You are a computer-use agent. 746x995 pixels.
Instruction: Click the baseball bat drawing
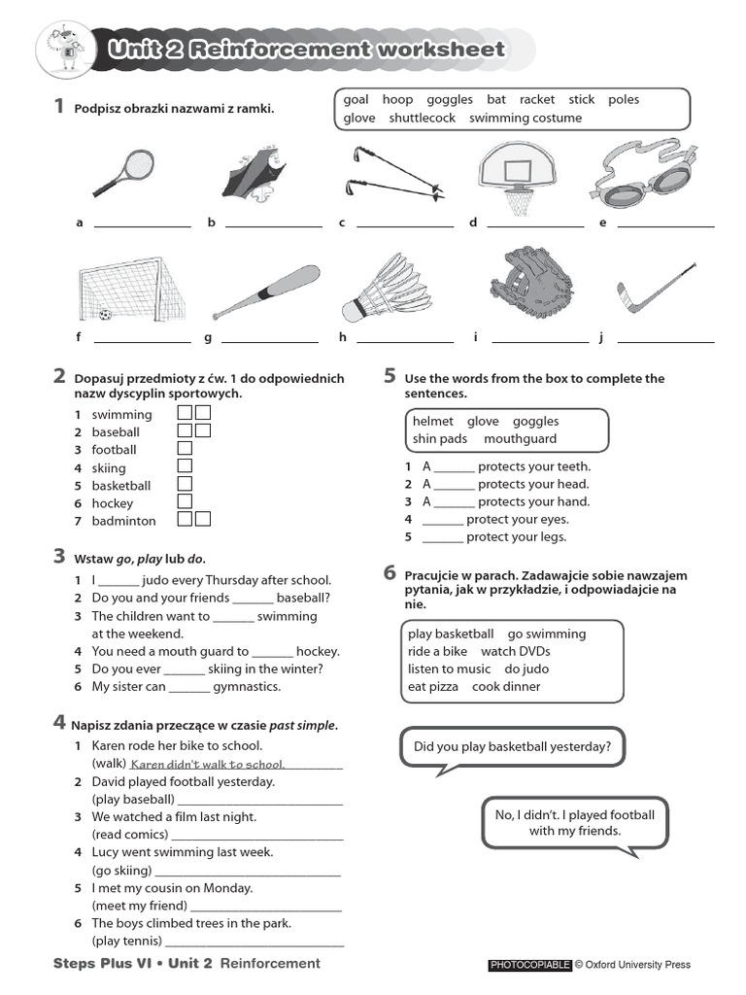tap(265, 292)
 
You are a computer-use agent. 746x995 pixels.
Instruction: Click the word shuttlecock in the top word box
tap(422, 118)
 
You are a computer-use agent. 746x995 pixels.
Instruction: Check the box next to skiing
tap(185, 466)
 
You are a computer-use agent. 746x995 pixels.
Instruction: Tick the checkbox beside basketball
tap(185, 484)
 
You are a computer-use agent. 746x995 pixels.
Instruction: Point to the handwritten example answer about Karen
tap(207, 765)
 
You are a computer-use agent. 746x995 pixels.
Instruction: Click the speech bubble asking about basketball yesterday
tap(512, 747)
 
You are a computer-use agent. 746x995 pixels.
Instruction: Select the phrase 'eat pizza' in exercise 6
tap(434, 686)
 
